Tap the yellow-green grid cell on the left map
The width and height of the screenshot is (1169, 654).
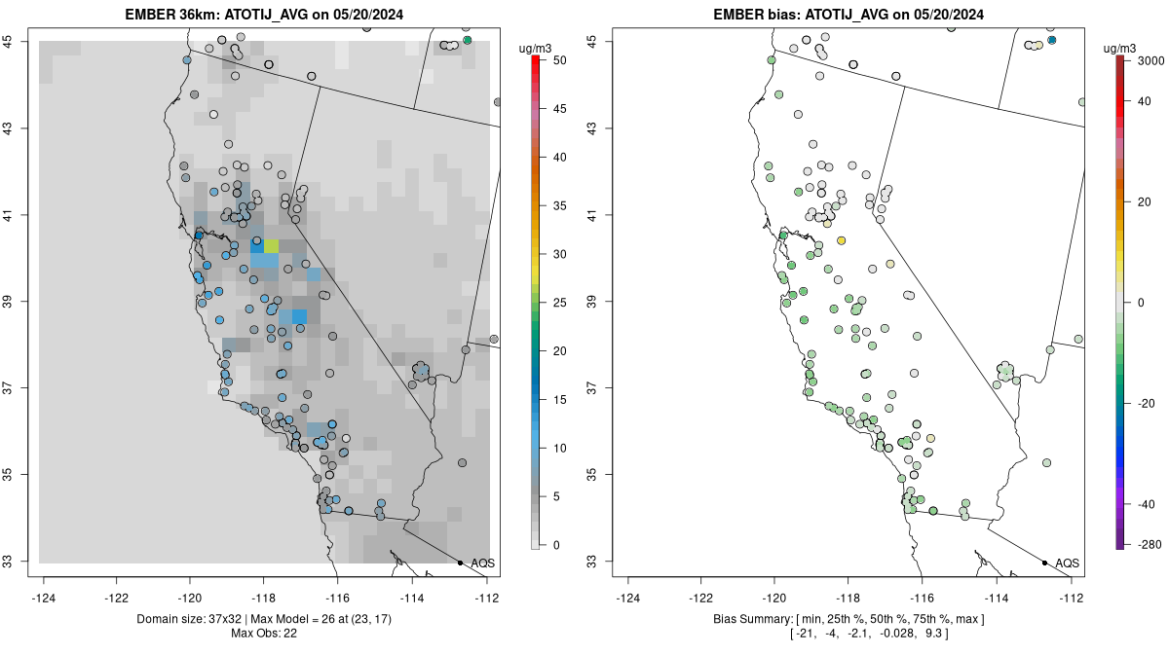pyautogui.click(x=271, y=245)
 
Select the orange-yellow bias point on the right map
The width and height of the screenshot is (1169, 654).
pyautogui.click(x=841, y=240)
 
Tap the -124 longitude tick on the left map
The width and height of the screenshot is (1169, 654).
pyautogui.click(x=44, y=598)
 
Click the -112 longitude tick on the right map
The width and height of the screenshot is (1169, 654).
pyautogui.click(x=1071, y=598)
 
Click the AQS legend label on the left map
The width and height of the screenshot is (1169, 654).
pyautogui.click(x=482, y=563)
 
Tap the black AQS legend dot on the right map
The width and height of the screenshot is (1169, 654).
pyautogui.click(x=1044, y=563)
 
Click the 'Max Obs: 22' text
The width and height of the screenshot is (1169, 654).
pyautogui.click(x=265, y=634)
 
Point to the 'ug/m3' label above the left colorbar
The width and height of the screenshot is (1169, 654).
pyautogui.click(x=536, y=46)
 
